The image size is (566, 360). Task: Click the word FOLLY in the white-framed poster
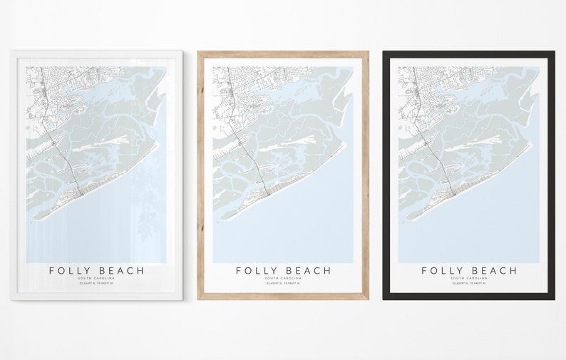70,271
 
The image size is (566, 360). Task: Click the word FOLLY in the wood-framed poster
257,271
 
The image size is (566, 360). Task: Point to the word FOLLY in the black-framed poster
443,271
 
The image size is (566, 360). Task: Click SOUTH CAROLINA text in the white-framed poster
96,278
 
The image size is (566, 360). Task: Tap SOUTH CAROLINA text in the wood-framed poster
283,278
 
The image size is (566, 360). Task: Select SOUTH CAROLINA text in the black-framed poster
469,278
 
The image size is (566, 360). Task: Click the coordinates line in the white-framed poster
96,283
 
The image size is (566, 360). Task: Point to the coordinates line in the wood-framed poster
283,283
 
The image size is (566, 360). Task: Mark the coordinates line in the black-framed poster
469,283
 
